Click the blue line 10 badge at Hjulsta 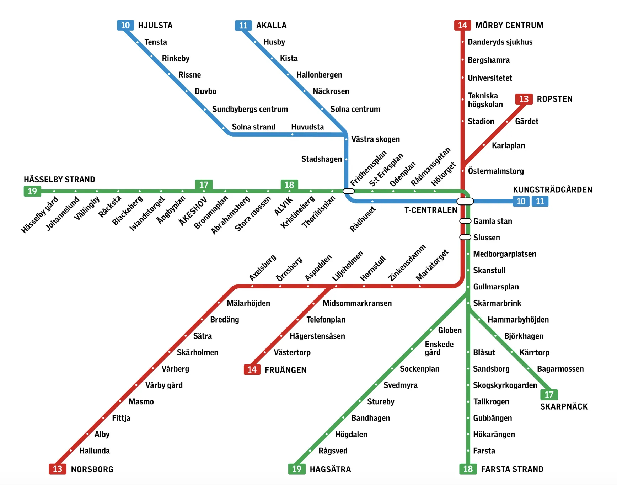tap(125, 25)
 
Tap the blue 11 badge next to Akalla tap(243, 25)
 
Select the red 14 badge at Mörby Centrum tap(462, 25)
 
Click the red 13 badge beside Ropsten tap(524, 99)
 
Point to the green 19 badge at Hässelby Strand tap(32, 191)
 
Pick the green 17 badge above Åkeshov tap(204, 185)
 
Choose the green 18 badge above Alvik tap(289, 185)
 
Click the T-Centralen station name tap(431, 210)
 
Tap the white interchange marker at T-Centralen tap(465, 201)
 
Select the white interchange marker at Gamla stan tap(465, 221)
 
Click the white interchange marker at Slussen tap(465, 237)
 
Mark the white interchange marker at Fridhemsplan tap(349, 191)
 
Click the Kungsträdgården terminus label tap(553, 190)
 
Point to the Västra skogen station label tap(375, 139)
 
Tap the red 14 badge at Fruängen tap(252, 370)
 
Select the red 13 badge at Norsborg tap(57, 469)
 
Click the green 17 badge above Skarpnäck tap(549, 395)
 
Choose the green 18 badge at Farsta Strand tap(468, 469)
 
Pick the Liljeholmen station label tap(348, 266)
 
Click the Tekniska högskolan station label tap(485, 100)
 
